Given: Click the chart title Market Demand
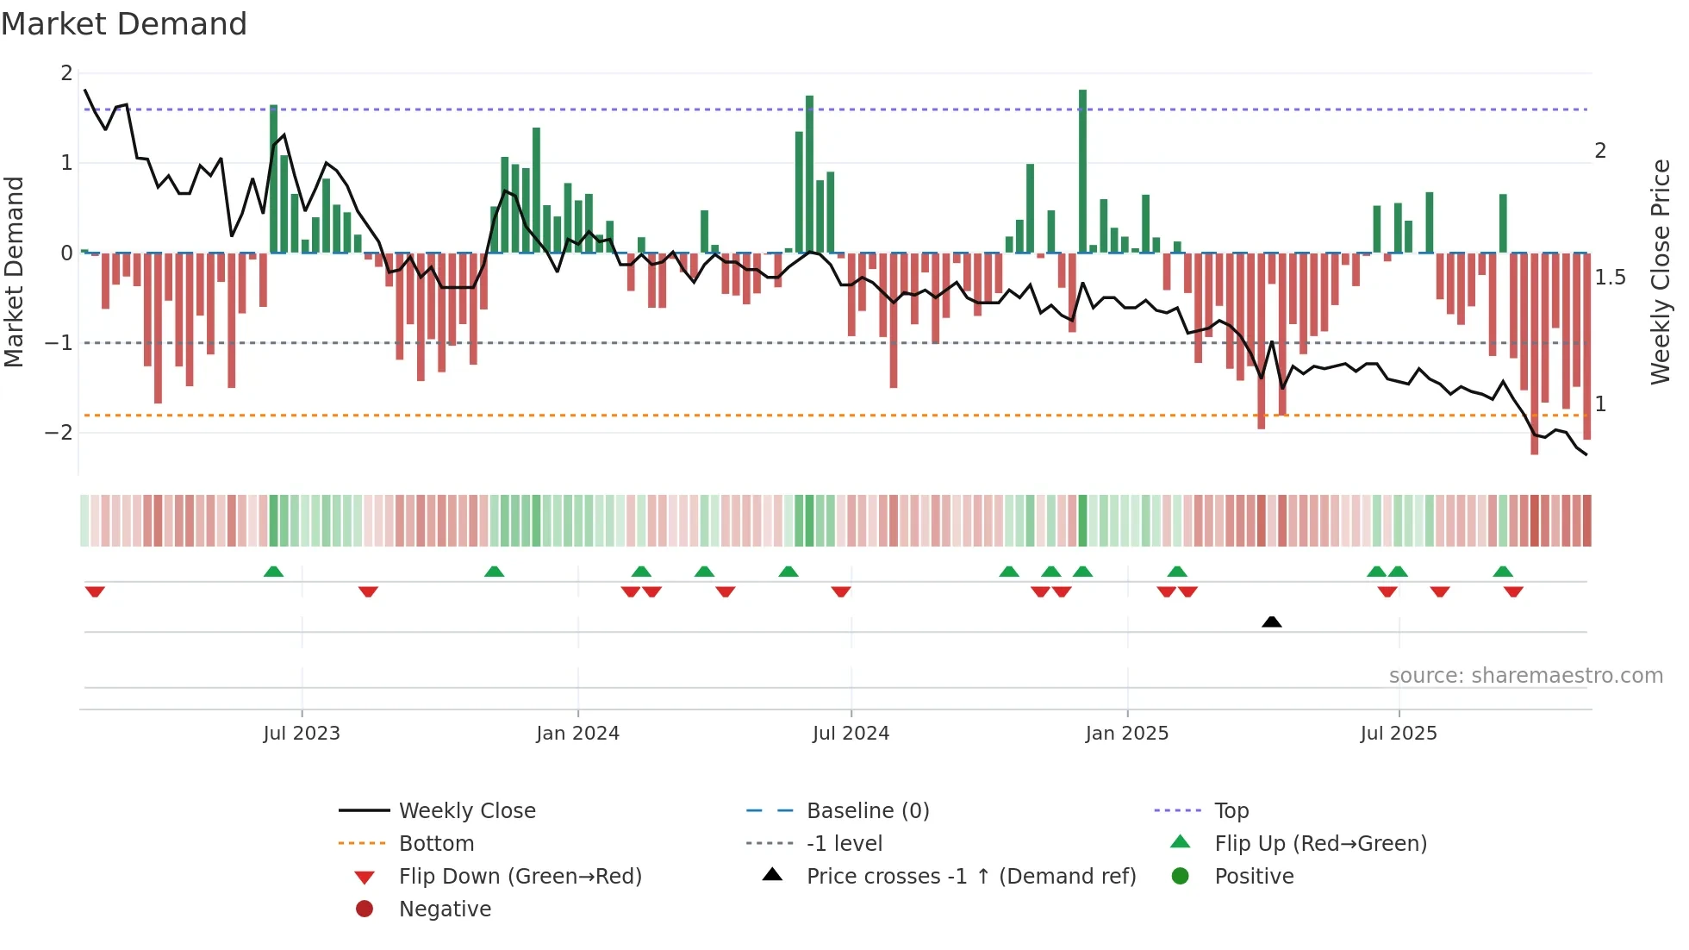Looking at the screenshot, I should (x=124, y=24).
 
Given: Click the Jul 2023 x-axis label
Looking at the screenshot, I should (x=302, y=734).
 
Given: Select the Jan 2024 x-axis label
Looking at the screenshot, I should (x=577, y=734).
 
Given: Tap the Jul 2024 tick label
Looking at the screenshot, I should (x=851, y=734).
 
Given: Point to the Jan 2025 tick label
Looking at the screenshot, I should (x=1126, y=734).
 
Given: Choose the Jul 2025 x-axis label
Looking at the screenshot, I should (x=1399, y=734).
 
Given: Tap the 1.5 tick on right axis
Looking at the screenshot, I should (x=1610, y=278).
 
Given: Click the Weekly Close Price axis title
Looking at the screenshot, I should (x=1661, y=272).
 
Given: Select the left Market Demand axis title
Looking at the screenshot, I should (x=15, y=272).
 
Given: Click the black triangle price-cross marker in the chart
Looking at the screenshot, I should (x=1271, y=622).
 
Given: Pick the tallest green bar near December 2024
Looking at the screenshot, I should (x=1082, y=172).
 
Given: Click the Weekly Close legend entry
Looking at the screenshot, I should (x=466, y=811).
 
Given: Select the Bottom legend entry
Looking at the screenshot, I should (x=436, y=844).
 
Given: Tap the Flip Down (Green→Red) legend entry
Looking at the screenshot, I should (x=520, y=877).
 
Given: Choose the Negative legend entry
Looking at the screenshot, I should (x=445, y=909).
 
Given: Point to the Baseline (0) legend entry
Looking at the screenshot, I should (x=867, y=811).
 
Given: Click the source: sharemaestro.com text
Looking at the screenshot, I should (x=1525, y=676).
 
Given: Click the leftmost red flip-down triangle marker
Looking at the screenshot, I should (x=95, y=591).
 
